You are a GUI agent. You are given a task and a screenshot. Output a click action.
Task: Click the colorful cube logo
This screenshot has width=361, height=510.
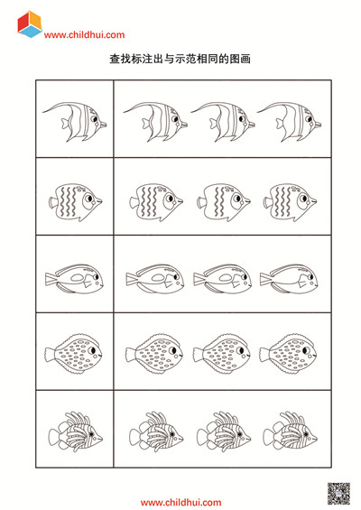point(30,24)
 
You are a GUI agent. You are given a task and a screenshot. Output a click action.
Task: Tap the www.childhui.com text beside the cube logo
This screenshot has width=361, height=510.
point(84,35)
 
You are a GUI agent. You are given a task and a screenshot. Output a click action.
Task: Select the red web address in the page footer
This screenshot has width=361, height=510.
point(180,503)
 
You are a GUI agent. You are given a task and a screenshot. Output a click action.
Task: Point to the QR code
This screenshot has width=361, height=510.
point(338,494)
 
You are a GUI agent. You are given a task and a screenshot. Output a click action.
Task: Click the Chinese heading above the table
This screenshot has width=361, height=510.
point(180,59)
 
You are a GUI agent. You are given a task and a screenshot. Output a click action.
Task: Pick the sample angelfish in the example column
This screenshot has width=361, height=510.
point(75,122)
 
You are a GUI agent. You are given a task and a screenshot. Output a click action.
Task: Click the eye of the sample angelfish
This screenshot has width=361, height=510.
point(94,119)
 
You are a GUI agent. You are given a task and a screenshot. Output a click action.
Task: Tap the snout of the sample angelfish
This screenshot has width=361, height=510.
point(103,125)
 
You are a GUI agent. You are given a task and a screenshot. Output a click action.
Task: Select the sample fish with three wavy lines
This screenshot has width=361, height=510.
point(76,202)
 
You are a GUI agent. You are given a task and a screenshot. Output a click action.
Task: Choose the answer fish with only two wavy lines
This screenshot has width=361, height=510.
point(224,202)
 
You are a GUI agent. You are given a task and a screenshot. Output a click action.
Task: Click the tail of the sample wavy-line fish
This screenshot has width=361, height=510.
point(53,202)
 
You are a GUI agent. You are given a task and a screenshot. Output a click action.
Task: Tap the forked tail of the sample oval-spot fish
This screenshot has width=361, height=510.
point(51,279)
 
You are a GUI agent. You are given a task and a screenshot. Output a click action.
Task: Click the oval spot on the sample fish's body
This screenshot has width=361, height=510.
point(78,278)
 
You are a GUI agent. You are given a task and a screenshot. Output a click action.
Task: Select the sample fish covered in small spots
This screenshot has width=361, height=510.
point(73,353)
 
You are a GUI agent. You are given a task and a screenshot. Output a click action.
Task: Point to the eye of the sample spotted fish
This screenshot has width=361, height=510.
point(92,350)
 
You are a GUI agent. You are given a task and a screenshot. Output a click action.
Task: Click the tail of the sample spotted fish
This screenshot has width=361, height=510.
point(50,354)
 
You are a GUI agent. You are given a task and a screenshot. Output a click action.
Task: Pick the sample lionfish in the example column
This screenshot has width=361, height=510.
point(76,431)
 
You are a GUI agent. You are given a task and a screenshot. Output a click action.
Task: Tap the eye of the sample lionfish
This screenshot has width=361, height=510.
point(91,434)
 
